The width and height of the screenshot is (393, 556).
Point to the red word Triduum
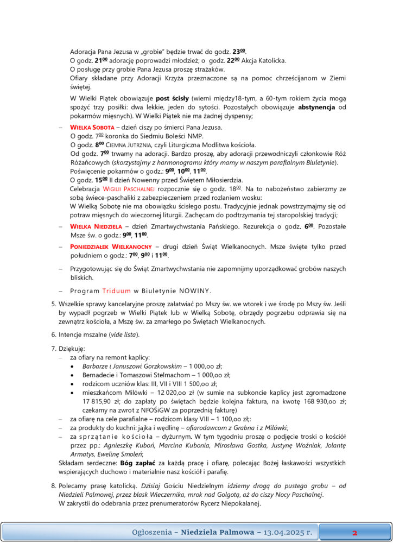[x=117, y=290]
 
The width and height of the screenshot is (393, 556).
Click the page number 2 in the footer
[x=354, y=533]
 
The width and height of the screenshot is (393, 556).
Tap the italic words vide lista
[x=124, y=334]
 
